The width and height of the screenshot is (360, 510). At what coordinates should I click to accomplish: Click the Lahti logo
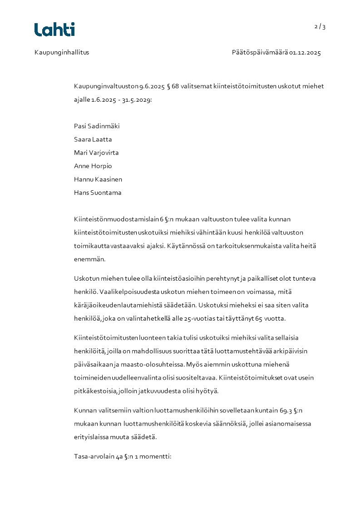pyautogui.click(x=54, y=30)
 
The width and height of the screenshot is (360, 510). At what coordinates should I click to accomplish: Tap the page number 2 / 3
pyautogui.click(x=320, y=26)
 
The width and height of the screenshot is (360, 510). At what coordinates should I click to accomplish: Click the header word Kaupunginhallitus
pyautogui.click(x=62, y=52)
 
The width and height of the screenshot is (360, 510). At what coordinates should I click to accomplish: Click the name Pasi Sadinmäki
pyautogui.click(x=97, y=126)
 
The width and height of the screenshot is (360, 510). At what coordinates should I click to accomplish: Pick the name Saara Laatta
pyautogui.click(x=93, y=139)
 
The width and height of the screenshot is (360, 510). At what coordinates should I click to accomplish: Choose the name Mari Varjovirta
pyautogui.click(x=96, y=153)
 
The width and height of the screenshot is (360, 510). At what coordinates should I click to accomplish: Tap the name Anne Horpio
pyautogui.click(x=93, y=166)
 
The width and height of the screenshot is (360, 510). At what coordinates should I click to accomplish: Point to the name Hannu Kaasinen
pyautogui.click(x=98, y=179)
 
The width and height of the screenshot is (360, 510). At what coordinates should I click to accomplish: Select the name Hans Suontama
pyautogui.click(x=98, y=192)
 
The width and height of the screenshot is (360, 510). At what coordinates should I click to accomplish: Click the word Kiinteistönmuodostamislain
pyautogui.click(x=116, y=219)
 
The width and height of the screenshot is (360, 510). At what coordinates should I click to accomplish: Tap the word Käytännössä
pyautogui.click(x=188, y=246)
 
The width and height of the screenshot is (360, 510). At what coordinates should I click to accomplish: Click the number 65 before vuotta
pyautogui.click(x=259, y=318)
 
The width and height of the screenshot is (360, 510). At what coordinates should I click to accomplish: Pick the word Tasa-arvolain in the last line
pyautogui.click(x=94, y=456)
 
